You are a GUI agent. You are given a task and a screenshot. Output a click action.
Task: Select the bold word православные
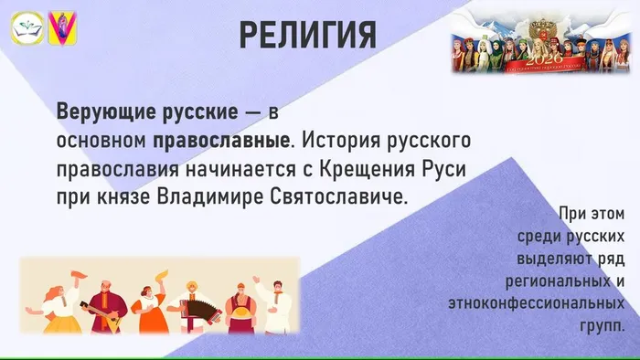tap(220, 142)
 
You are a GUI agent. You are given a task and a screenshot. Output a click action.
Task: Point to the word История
tap(340, 142)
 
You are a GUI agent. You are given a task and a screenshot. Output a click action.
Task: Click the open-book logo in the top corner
tap(26, 30)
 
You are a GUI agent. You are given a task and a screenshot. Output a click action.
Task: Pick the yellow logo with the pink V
tap(62, 30)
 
